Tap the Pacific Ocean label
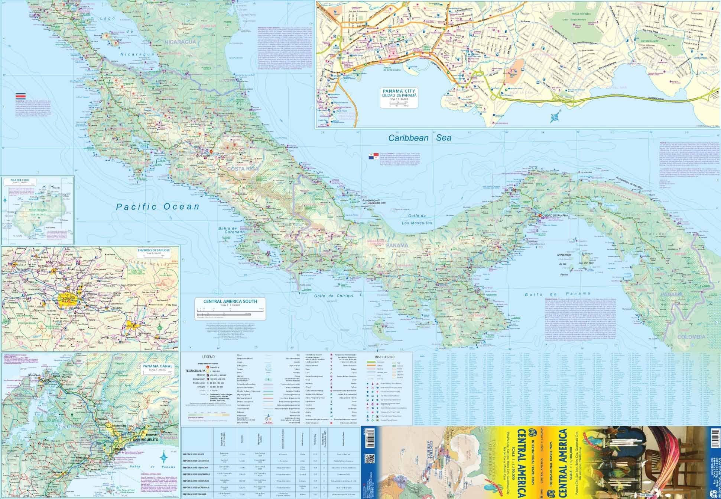coord(157,207)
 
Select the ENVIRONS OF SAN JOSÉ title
coord(153,250)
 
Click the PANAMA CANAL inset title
coord(157,366)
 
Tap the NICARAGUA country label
coord(181,42)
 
